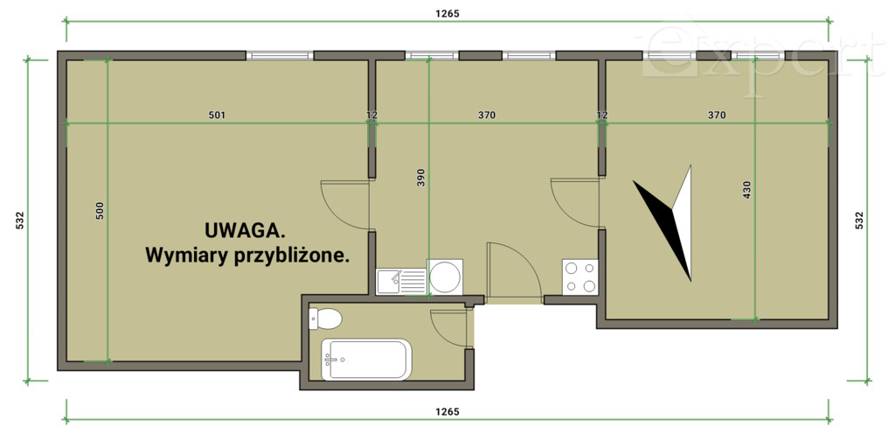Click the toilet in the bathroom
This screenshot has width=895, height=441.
pos(324,318)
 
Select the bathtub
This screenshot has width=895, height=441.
pos(365,360)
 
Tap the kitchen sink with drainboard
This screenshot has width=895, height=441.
pos(401,281)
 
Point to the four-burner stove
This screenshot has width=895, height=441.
pos(579,277)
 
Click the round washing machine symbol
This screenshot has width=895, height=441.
pos(445,277)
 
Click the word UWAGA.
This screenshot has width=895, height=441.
pos(245,231)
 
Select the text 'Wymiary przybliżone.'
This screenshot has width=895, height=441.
pos(247,256)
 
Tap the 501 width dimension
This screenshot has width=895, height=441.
pos(218,115)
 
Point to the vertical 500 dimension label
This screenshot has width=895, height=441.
pos(100,210)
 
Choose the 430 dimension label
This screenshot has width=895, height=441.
pos(746,190)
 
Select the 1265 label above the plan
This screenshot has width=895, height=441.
pos(447,14)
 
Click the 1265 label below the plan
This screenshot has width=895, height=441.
pos(447,411)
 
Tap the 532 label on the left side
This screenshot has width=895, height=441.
pos(19,221)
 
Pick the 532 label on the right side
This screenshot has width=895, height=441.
pos(858,221)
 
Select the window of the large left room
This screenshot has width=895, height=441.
pos(280,56)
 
